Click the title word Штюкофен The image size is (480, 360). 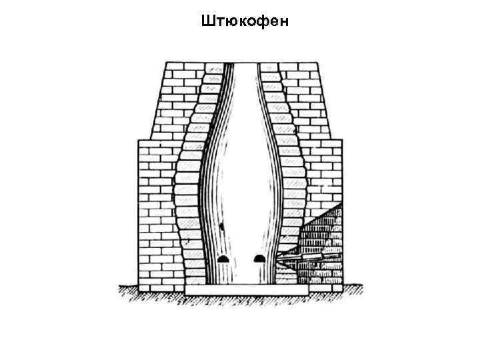pyautogui.click(x=243, y=23)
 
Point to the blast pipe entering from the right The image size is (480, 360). pyautogui.click(x=300, y=255)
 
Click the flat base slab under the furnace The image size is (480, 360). pyautogui.click(x=247, y=291)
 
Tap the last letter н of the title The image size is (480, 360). pyautogui.click(x=283, y=23)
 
